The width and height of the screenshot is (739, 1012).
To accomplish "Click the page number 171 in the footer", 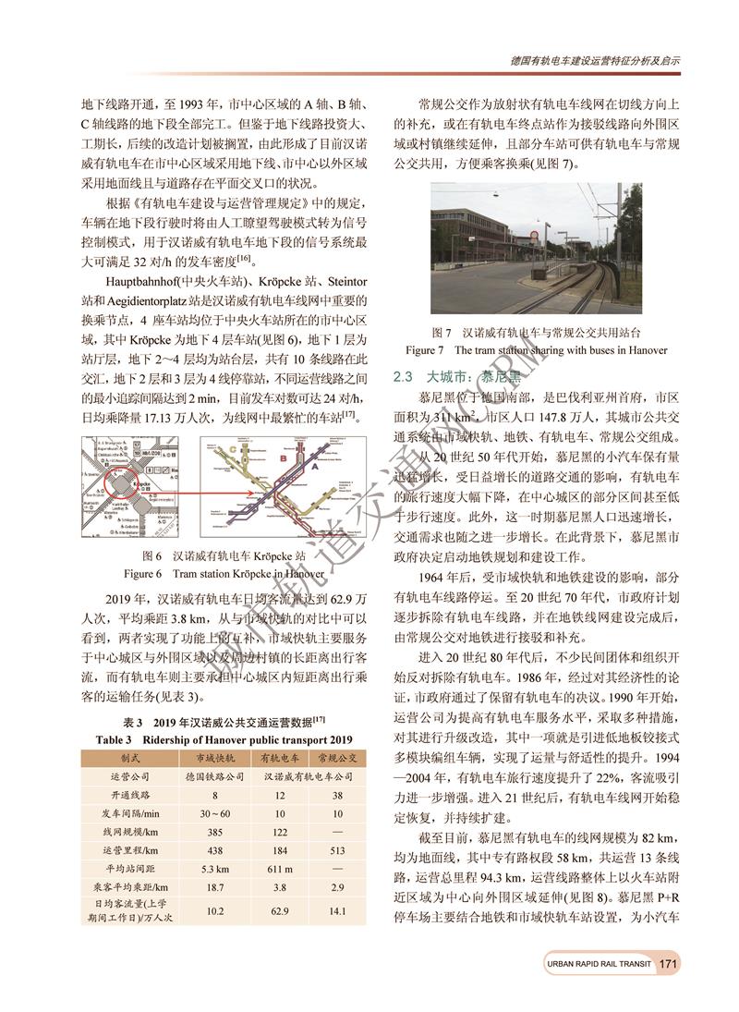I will [x=669, y=964].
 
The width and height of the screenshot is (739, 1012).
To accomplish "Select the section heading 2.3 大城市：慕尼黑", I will [x=457, y=377].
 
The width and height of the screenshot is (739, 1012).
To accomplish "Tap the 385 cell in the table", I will [x=214, y=831].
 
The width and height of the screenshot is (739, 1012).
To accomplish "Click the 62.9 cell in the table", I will [x=280, y=911].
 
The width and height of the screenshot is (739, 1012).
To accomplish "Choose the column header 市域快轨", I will [x=214, y=757].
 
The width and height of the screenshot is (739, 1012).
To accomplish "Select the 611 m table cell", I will [x=280, y=869].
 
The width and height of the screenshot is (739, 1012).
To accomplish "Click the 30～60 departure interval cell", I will [x=214, y=812].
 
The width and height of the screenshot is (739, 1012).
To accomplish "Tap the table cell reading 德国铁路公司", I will [x=214, y=775].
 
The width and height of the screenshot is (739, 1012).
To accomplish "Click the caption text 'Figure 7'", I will [x=426, y=350].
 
